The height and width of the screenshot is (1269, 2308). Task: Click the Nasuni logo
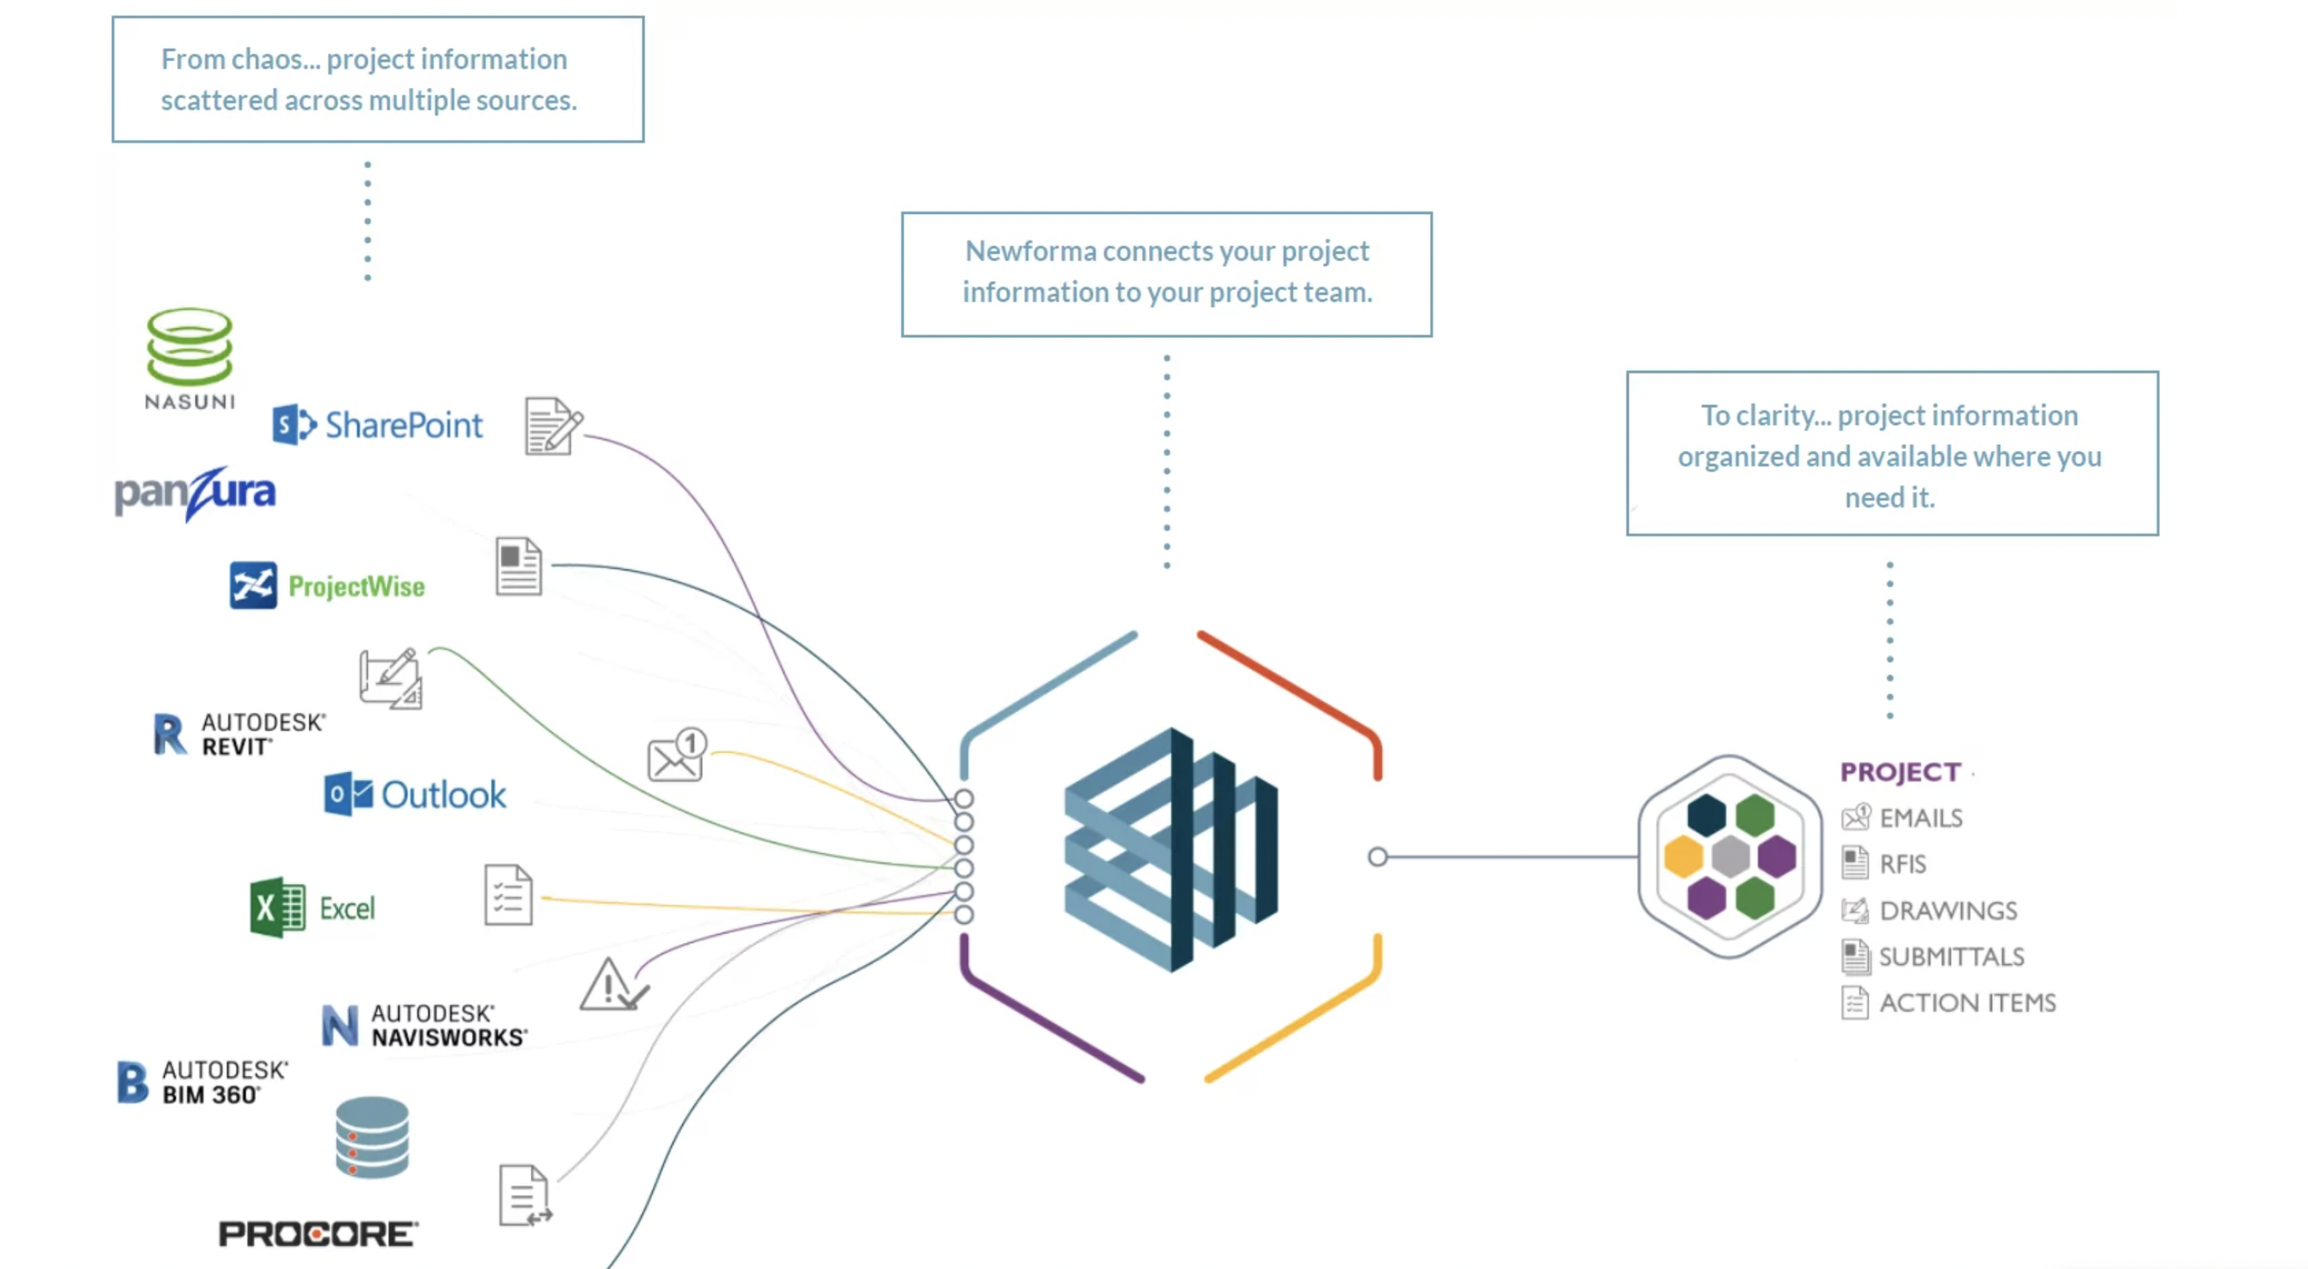(x=189, y=357)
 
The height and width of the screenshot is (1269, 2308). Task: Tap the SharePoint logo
(x=377, y=425)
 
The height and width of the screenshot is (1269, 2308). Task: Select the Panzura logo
(x=195, y=493)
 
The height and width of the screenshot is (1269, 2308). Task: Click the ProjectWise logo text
(x=355, y=587)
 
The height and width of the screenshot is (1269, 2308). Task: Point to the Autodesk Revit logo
(x=239, y=734)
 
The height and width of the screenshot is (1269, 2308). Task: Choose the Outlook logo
(x=415, y=794)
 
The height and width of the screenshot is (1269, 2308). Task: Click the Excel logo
(x=312, y=907)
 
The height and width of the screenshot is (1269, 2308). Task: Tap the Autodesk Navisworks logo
(x=424, y=1025)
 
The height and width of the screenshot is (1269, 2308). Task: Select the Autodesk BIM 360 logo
(x=203, y=1082)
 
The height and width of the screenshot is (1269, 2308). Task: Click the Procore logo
(x=318, y=1233)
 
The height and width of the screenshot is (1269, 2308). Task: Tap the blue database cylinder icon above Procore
(x=372, y=1138)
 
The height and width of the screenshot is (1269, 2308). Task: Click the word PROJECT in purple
(x=1900, y=771)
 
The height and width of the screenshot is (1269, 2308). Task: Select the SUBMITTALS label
(x=1951, y=956)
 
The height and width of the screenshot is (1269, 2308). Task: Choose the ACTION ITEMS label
(x=1967, y=1003)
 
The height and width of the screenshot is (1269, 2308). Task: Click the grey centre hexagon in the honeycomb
(x=1729, y=857)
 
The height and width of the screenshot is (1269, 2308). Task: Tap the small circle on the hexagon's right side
(x=1377, y=857)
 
